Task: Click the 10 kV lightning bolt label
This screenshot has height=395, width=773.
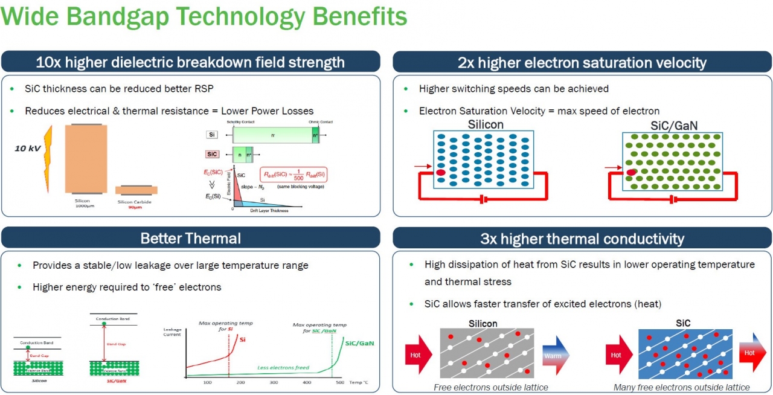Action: coord(28,147)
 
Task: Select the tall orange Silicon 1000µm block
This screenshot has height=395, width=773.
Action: coord(86,158)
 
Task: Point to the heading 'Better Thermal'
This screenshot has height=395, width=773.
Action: coord(190,238)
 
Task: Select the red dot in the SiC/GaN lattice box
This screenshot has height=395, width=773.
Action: coord(632,173)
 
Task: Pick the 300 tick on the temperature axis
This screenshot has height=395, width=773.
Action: coord(273,383)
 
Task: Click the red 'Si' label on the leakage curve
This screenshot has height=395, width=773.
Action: coord(242,340)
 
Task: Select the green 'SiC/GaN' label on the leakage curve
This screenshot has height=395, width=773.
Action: coord(359,343)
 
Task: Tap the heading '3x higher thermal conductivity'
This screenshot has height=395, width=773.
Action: coord(582,239)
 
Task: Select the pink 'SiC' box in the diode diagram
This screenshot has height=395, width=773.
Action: coord(211,154)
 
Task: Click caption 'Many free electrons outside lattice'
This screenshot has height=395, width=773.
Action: coord(681,387)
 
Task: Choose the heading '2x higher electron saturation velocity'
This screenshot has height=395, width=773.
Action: coord(582,62)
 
